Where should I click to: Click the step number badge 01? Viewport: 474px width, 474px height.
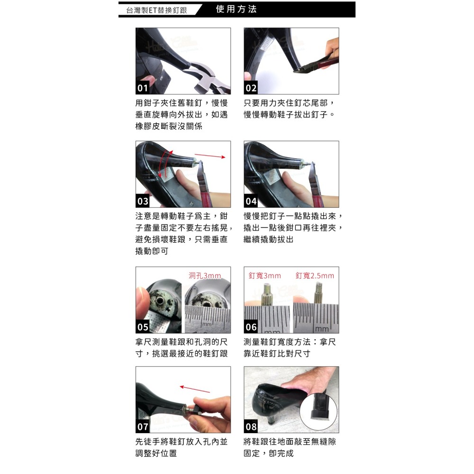click(x=143, y=88)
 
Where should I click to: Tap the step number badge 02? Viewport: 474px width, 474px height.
click(x=251, y=88)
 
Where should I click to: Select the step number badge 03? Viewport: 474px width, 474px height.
click(x=143, y=201)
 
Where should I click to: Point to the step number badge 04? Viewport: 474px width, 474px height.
click(x=251, y=201)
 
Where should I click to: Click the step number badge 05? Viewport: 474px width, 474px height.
click(x=143, y=327)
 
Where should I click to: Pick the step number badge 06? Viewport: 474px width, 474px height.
click(x=251, y=327)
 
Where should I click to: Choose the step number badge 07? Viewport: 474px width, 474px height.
click(x=143, y=427)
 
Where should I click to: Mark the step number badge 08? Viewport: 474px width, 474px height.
click(x=251, y=427)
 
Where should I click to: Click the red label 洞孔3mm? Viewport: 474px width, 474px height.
click(x=205, y=276)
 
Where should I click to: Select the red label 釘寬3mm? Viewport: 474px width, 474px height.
click(x=265, y=276)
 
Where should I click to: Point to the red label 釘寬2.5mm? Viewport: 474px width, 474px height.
click(x=315, y=276)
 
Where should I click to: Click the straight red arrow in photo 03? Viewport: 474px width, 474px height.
click(x=210, y=155)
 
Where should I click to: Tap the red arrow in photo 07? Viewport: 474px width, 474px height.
click(x=195, y=389)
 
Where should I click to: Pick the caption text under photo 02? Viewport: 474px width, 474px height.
click(x=290, y=109)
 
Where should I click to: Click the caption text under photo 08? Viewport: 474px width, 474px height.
click(x=290, y=447)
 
